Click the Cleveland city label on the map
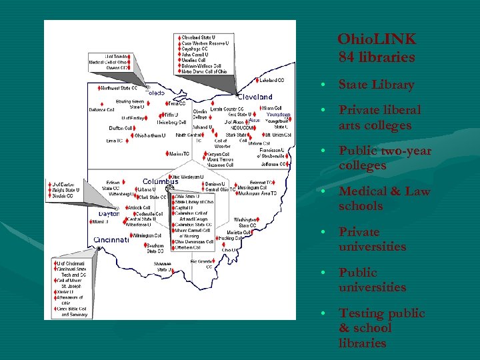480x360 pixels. point(256,97)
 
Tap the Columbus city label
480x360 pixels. point(161,181)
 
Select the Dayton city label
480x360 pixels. point(109,214)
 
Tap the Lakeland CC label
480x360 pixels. point(271,81)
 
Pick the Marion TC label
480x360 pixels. point(179,154)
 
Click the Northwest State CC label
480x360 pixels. point(119,88)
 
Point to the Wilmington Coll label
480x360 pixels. point(149,235)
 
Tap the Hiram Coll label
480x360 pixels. point(271,108)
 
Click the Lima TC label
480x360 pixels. point(115,141)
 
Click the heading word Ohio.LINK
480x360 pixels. point(377,39)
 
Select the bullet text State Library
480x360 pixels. point(376,85)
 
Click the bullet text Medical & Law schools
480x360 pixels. point(384,199)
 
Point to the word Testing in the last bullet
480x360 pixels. point(361,313)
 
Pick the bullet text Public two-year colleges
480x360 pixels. point(385,158)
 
